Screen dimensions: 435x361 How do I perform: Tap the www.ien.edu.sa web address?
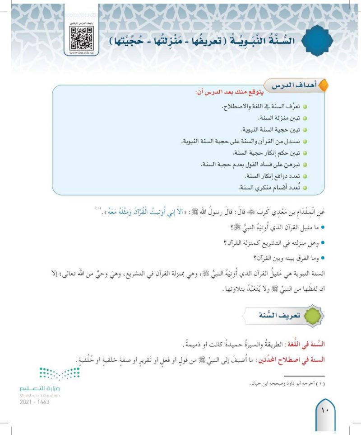click(x=82, y=52)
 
